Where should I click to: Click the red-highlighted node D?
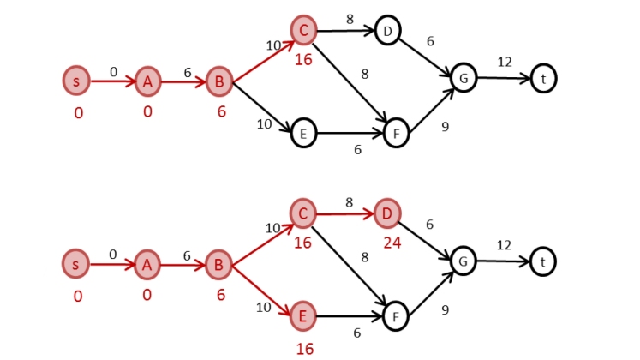coord(387,212)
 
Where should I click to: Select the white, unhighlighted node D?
coord(387,32)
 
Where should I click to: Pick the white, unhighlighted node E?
coord(302,133)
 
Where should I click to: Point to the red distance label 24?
coord(392,243)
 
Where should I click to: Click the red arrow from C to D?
coord(344,212)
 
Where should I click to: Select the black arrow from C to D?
coord(344,31)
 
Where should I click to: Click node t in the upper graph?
coord(542,78)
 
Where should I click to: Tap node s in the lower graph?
coord(75,264)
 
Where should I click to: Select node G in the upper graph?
coord(464,78)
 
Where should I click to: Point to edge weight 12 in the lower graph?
coord(504,245)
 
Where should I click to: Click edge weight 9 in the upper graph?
coord(445,127)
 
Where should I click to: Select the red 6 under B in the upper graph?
coord(221,111)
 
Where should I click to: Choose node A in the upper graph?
coord(147,81)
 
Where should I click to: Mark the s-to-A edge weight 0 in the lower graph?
coord(112,254)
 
